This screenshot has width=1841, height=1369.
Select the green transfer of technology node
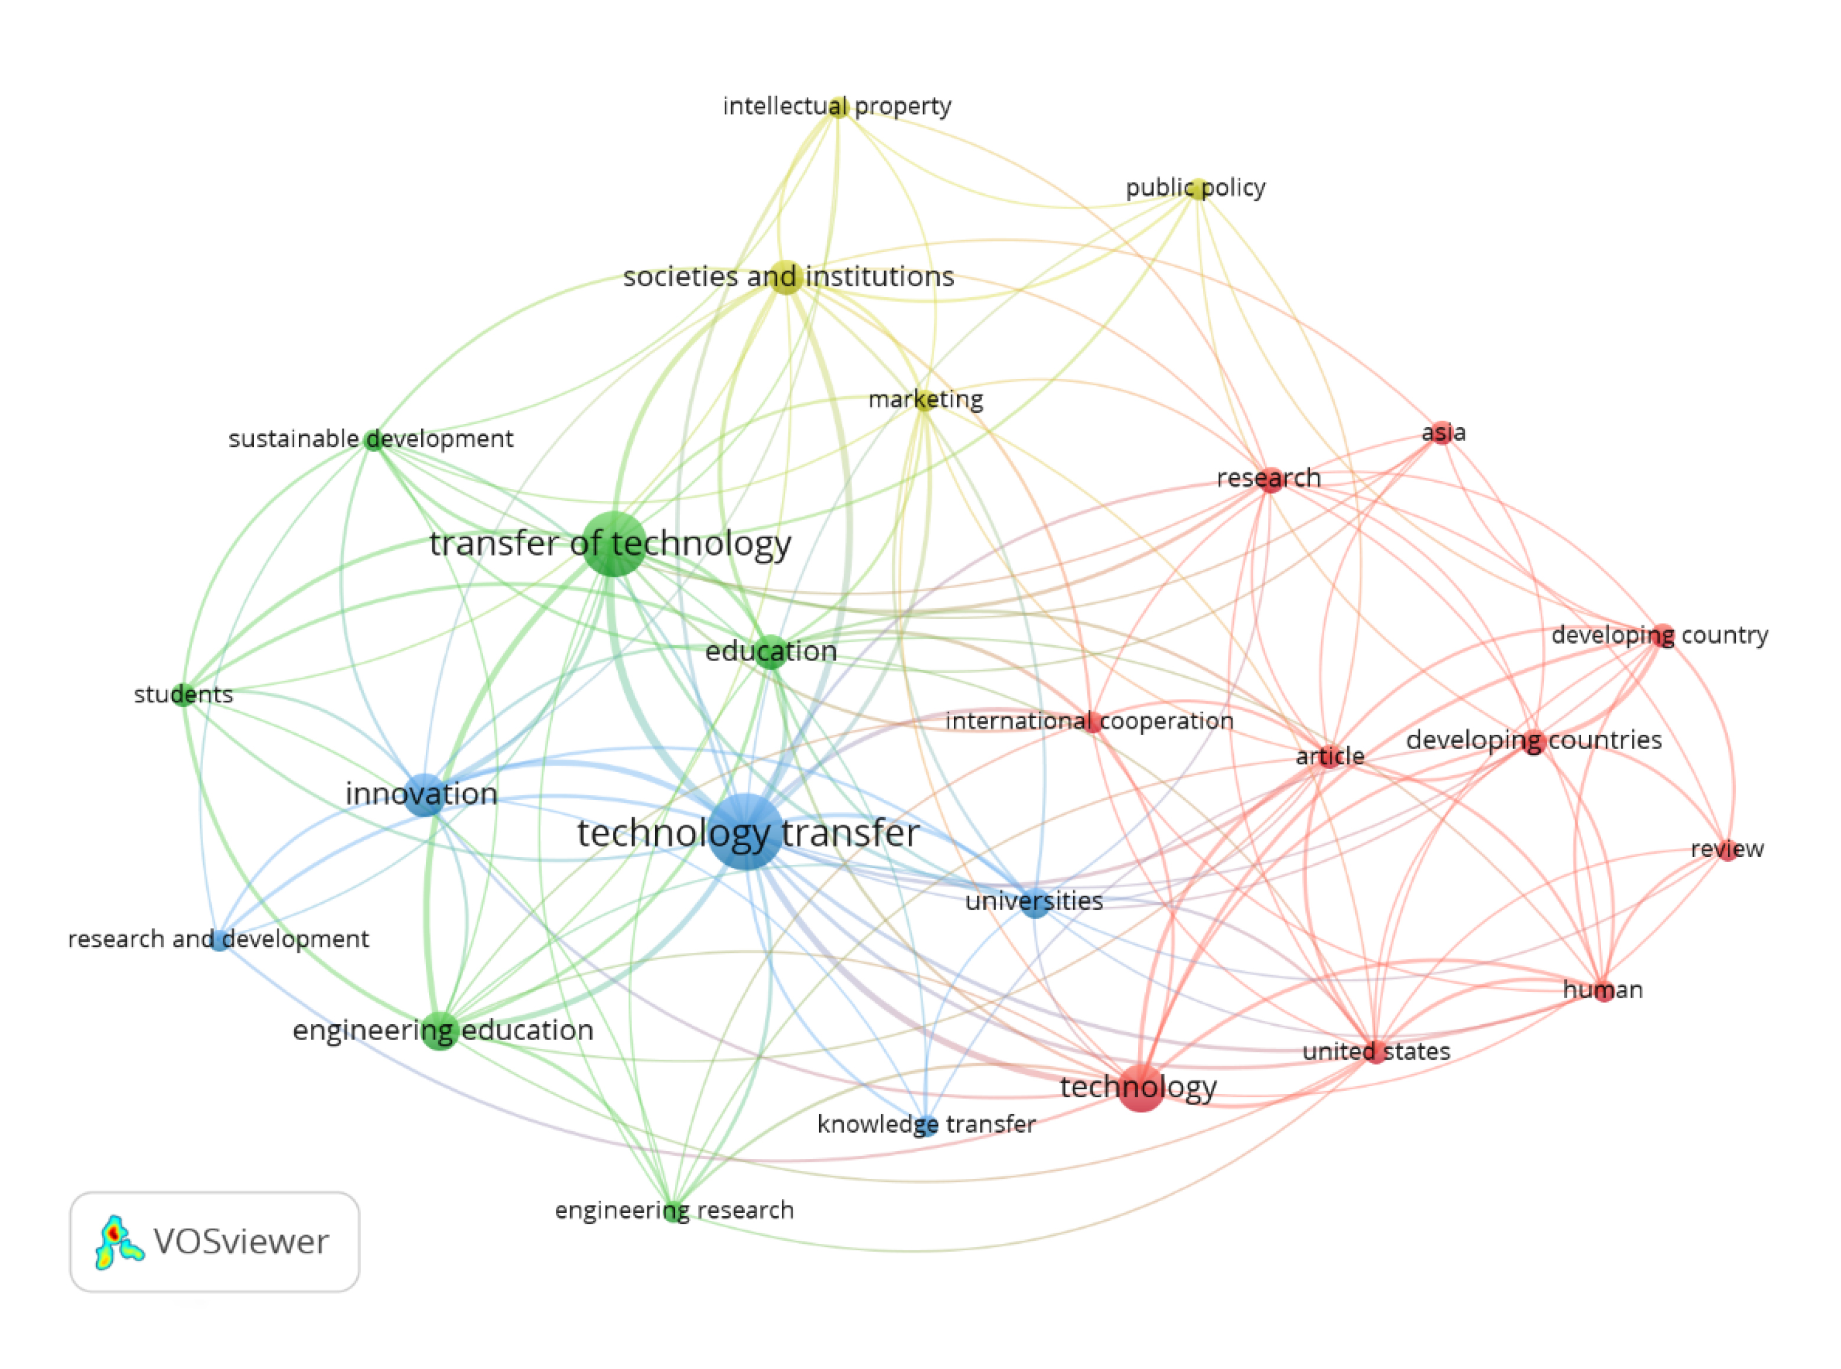tap(614, 544)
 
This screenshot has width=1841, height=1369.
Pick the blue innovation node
tap(425, 794)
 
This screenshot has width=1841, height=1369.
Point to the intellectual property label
tap(836, 106)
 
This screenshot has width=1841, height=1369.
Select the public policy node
tap(1196, 188)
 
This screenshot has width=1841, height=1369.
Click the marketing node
tap(924, 401)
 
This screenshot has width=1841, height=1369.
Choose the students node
tap(183, 694)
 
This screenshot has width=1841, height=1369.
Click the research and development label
tap(218, 939)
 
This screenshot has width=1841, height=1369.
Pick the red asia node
tap(1442, 433)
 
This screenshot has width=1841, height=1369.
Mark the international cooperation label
tap(1089, 721)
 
